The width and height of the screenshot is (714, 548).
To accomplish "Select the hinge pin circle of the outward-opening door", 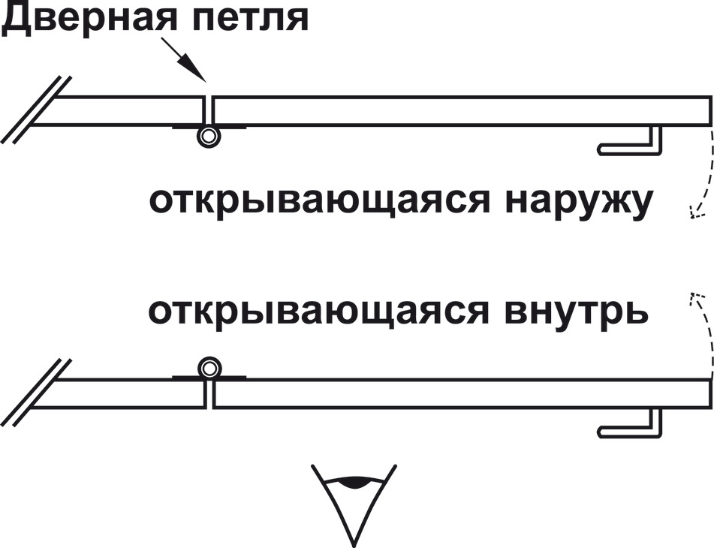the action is pyautogui.click(x=209, y=136).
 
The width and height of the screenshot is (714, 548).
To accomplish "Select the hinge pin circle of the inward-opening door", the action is pyautogui.click(x=209, y=368).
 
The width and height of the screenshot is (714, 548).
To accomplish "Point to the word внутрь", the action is pyautogui.click(x=577, y=313).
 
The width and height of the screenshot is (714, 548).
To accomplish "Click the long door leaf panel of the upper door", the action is pyautogui.click(x=462, y=110).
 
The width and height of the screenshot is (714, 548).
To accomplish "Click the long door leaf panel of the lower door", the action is pyautogui.click(x=462, y=393).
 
